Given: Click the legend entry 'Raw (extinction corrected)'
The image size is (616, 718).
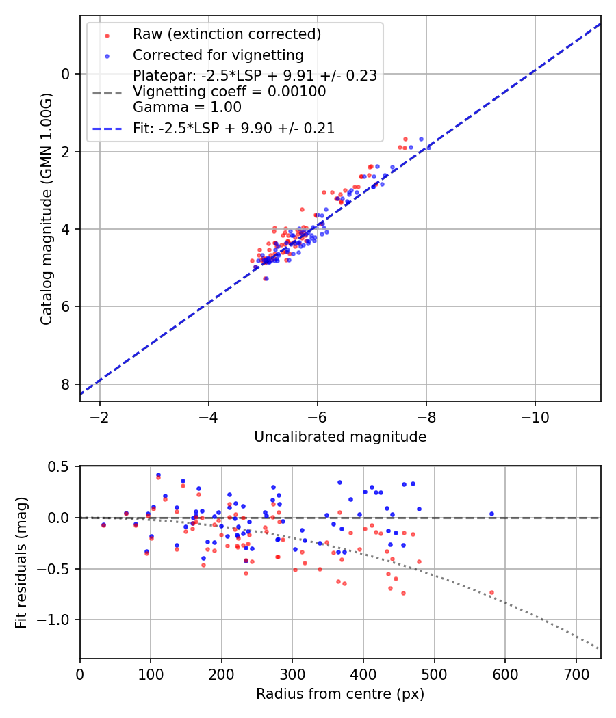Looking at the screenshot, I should tap(227, 34).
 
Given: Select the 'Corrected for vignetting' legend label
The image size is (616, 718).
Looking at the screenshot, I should tap(218, 55).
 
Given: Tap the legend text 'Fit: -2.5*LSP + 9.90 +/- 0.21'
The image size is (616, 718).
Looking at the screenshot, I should tap(233, 128).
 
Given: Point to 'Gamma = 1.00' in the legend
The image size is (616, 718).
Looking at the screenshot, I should tap(187, 107).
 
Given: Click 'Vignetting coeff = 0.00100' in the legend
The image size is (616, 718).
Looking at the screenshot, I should tap(229, 92).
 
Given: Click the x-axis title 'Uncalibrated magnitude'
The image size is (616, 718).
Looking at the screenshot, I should tap(340, 437).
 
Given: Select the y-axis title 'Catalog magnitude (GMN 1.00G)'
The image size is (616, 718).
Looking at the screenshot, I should tap(46, 209).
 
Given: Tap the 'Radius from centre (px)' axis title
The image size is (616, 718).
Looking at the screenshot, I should tap(340, 694).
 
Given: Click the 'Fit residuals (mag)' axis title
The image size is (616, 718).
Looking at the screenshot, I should tap(21, 562).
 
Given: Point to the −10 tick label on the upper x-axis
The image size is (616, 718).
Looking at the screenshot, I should tap(535, 417).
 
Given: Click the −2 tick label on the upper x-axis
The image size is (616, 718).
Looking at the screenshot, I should tap(100, 417).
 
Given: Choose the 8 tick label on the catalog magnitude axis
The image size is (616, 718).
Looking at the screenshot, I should tap(66, 384).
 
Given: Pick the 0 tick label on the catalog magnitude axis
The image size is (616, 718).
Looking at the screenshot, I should tap(66, 74).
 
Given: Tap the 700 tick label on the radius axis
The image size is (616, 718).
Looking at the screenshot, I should tap(576, 674).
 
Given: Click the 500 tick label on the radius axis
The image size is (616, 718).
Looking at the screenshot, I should tap(434, 674).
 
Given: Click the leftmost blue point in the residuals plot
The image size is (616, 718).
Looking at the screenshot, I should tap(103, 524).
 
